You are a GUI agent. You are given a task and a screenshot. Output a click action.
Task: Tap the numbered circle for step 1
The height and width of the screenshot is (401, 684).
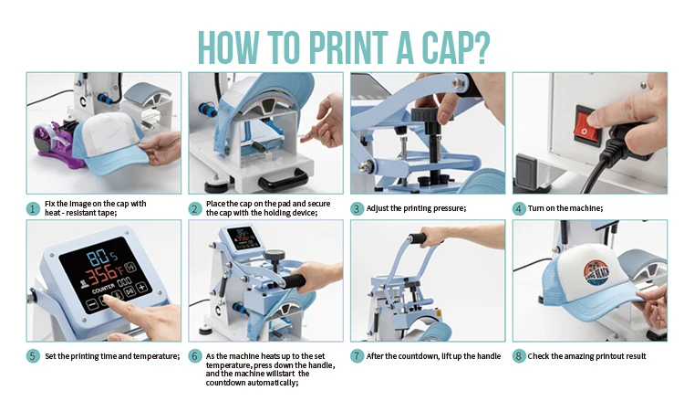click(33, 209)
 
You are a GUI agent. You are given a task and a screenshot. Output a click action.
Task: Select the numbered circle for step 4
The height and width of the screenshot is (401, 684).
click(518, 209)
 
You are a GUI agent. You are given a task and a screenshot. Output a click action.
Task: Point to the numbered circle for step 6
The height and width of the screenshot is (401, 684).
click(195, 356)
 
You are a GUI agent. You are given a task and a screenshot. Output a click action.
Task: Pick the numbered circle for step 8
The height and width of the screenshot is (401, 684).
click(518, 356)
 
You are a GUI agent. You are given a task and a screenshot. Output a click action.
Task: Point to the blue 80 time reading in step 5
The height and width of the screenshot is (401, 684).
click(98, 258)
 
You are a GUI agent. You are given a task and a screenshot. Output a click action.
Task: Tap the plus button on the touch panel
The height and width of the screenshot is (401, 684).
click(142, 288)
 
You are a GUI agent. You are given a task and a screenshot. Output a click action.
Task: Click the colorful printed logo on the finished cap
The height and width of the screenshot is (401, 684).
click(597, 274)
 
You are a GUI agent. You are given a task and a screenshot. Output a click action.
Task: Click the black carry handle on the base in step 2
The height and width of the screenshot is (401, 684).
click(283, 179)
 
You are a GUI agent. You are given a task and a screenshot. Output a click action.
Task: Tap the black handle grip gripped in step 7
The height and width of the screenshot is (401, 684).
click(418, 238)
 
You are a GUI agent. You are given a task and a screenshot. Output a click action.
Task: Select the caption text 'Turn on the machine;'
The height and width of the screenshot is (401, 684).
click(565, 208)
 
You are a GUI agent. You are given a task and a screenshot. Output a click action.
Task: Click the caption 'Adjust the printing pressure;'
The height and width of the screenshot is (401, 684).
click(416, 208)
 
